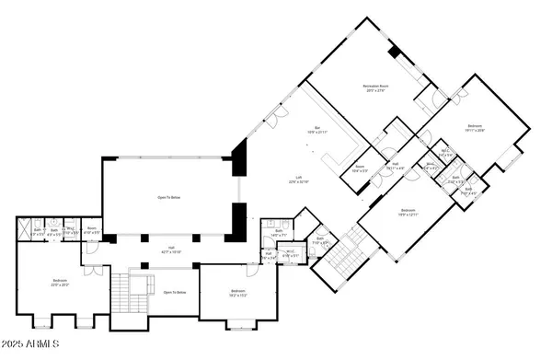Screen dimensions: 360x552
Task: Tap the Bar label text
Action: point(316,131)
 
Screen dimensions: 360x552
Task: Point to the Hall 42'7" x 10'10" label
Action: point(171,250)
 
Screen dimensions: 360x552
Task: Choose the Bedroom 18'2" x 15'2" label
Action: point(236,294)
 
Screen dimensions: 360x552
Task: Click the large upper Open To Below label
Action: point(167,196)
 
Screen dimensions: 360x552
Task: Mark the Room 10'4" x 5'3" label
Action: point(360,168)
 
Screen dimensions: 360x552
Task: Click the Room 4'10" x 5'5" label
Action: point(91,232)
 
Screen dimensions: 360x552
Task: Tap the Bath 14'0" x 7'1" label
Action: point(278,233)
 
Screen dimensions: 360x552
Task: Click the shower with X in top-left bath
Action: point(25,225)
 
